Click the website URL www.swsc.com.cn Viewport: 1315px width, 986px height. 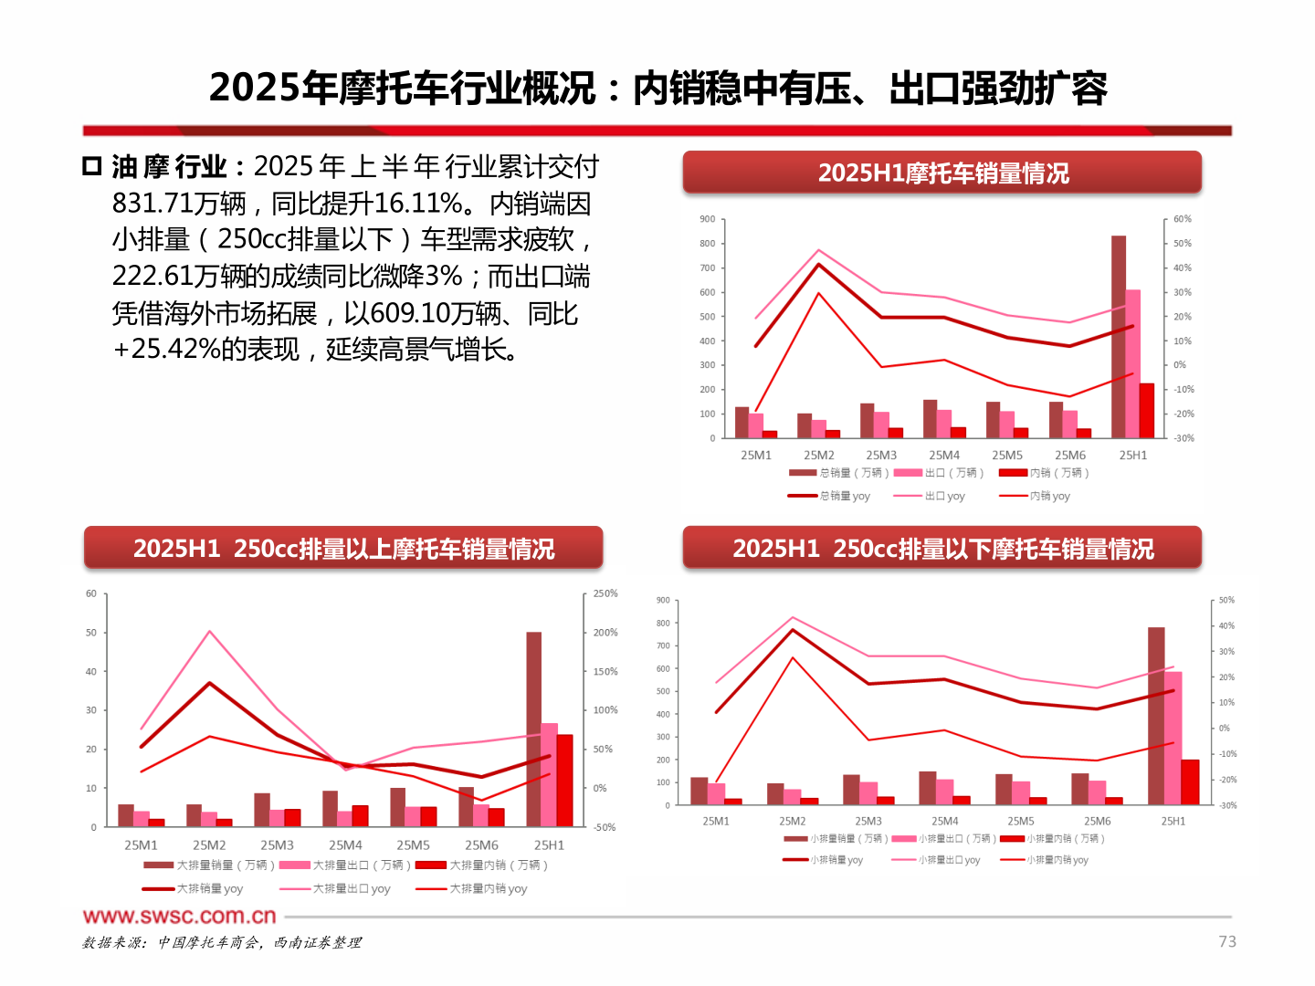[179, 916]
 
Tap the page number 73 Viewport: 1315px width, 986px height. [1227, 941]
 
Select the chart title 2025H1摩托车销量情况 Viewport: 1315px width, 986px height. [942, 173]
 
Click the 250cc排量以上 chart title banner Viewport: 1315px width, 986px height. [343, 548]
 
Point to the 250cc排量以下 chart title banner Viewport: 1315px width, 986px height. [942, 548]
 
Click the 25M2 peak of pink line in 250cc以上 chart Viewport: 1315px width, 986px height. [210, 632]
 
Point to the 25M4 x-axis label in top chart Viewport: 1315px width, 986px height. [944, 455]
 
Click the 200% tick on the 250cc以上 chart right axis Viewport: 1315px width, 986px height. [605, 632]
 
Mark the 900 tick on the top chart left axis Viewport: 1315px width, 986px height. [708, 219]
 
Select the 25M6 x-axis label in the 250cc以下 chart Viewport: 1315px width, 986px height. [1097, 821]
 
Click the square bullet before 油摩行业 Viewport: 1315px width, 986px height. [91, 166]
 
